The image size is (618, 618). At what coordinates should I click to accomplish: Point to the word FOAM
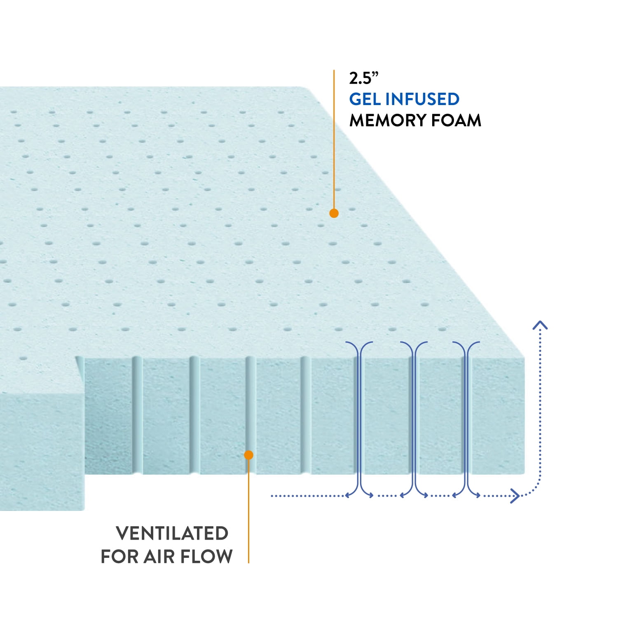[x=456, y=121]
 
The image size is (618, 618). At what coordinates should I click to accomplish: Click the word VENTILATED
[x=172, y=534]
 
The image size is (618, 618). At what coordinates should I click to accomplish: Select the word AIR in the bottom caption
[x=159, y=557]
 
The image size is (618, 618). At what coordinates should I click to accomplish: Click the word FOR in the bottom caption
[x=120, y=557]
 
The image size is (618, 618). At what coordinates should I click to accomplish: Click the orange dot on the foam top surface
[x=334, y=213]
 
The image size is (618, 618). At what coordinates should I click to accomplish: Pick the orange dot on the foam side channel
[x=248, y=455]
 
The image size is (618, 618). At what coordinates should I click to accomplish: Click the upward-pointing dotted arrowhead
[x=540, y=325]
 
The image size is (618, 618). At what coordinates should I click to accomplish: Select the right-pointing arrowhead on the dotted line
[x=515, y=496]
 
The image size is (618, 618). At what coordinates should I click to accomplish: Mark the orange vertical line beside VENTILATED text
[x=248, y=515]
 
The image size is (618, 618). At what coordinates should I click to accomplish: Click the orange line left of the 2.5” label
[x=334, y=140]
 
